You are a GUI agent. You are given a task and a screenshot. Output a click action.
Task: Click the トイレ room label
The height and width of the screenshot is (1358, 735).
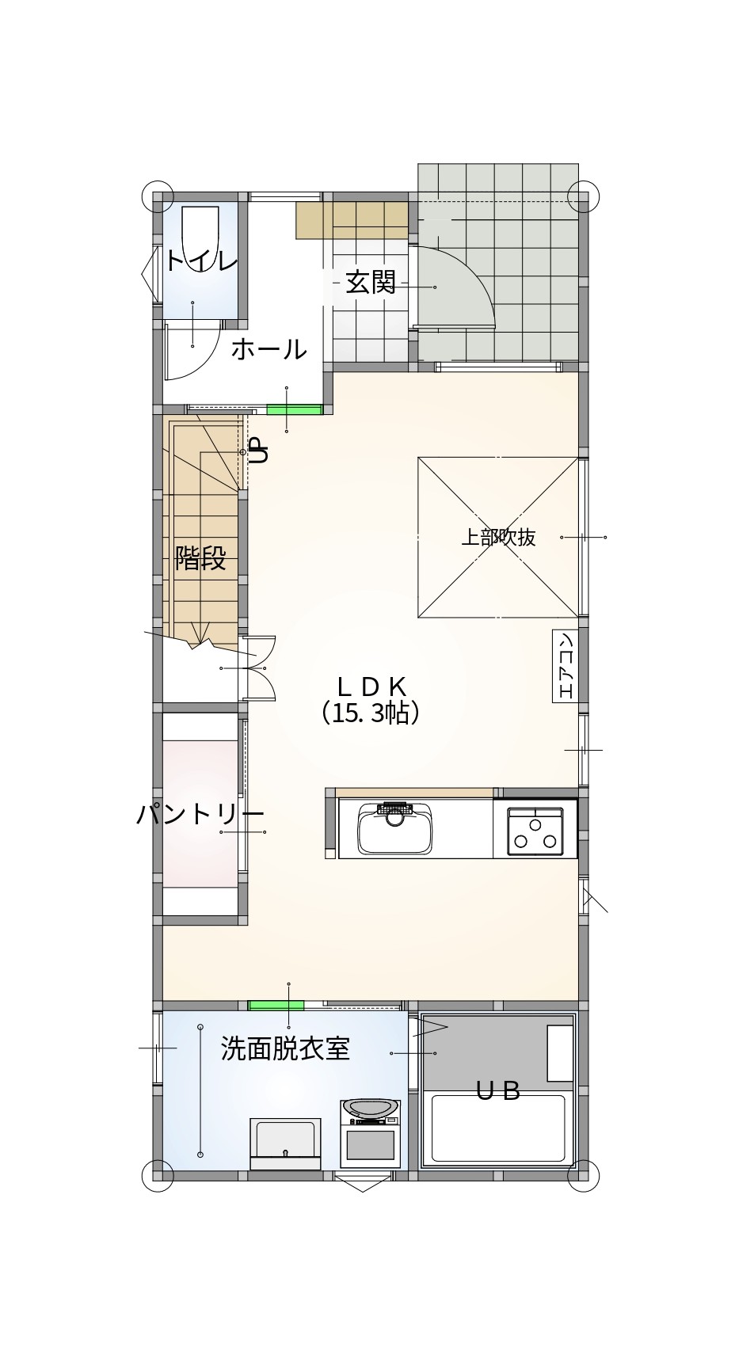point(201,260)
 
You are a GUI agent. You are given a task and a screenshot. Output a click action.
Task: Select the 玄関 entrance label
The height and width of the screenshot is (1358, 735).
point(371,282)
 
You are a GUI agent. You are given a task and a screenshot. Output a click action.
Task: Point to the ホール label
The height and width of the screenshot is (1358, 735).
point(268,348)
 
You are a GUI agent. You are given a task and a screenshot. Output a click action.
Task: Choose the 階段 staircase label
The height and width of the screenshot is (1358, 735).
point(200,558)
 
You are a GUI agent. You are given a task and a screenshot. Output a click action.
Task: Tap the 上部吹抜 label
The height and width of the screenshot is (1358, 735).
point(498,537)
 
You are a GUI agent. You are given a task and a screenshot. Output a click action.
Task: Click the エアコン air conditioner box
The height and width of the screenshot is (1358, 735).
point(565,666)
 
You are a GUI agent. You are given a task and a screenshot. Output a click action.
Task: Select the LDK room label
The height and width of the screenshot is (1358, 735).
point(371,686)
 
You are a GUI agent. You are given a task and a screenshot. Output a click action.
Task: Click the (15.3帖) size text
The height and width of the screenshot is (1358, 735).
point(370,713)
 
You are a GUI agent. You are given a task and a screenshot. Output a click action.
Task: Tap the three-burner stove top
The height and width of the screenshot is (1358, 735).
point(535,832)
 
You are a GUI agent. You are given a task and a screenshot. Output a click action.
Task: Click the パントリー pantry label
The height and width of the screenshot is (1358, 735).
point(200,814)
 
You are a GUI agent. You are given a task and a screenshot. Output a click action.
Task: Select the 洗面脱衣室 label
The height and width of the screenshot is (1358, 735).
point(285,1049)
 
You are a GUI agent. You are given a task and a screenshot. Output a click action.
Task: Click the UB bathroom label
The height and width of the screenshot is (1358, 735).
point(497,1090)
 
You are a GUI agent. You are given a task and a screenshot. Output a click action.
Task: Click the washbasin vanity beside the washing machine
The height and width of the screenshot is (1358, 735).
point(285,1143)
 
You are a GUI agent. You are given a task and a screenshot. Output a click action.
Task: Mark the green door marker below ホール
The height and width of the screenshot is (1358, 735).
point(294,409)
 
